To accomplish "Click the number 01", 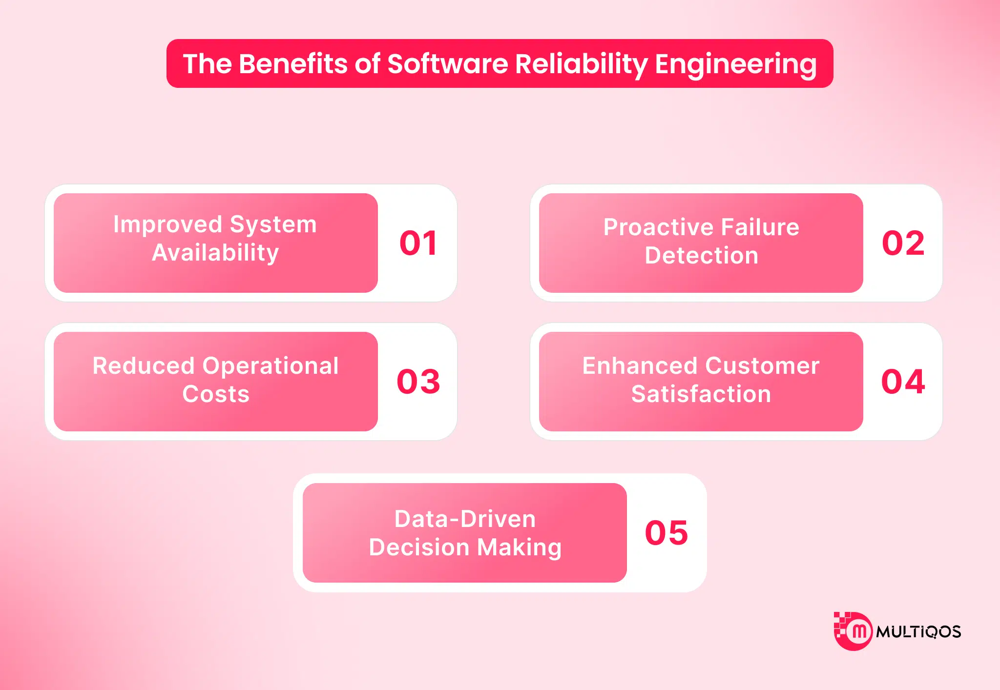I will point(418,243).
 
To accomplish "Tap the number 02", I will point(903,243).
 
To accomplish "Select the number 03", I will point(418,382).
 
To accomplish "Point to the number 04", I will point(903,382).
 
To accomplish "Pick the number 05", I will point(666,533).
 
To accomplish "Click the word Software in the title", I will point(447,64).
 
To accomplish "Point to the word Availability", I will point(215,253).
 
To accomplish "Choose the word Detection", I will point(701,256).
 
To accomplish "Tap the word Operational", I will point(270,366).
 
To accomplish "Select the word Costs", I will point(216,394).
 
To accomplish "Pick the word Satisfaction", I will point(701,394).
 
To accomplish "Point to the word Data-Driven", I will point(465,519).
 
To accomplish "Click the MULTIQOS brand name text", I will point(918,632).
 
